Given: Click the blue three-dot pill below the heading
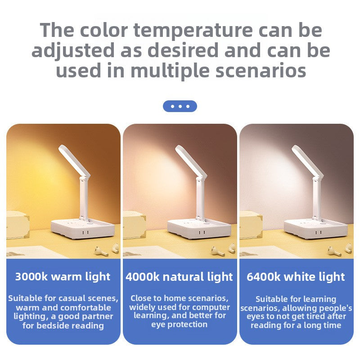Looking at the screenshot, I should pos(180,106).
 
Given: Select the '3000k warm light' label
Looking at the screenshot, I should pos(63,276).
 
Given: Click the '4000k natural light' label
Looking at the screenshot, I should pos(179,276).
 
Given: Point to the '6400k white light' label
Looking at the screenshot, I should pos(296,276).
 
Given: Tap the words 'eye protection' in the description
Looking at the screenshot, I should pos(179,324).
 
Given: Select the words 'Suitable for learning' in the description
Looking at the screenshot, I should pos(296,299).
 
